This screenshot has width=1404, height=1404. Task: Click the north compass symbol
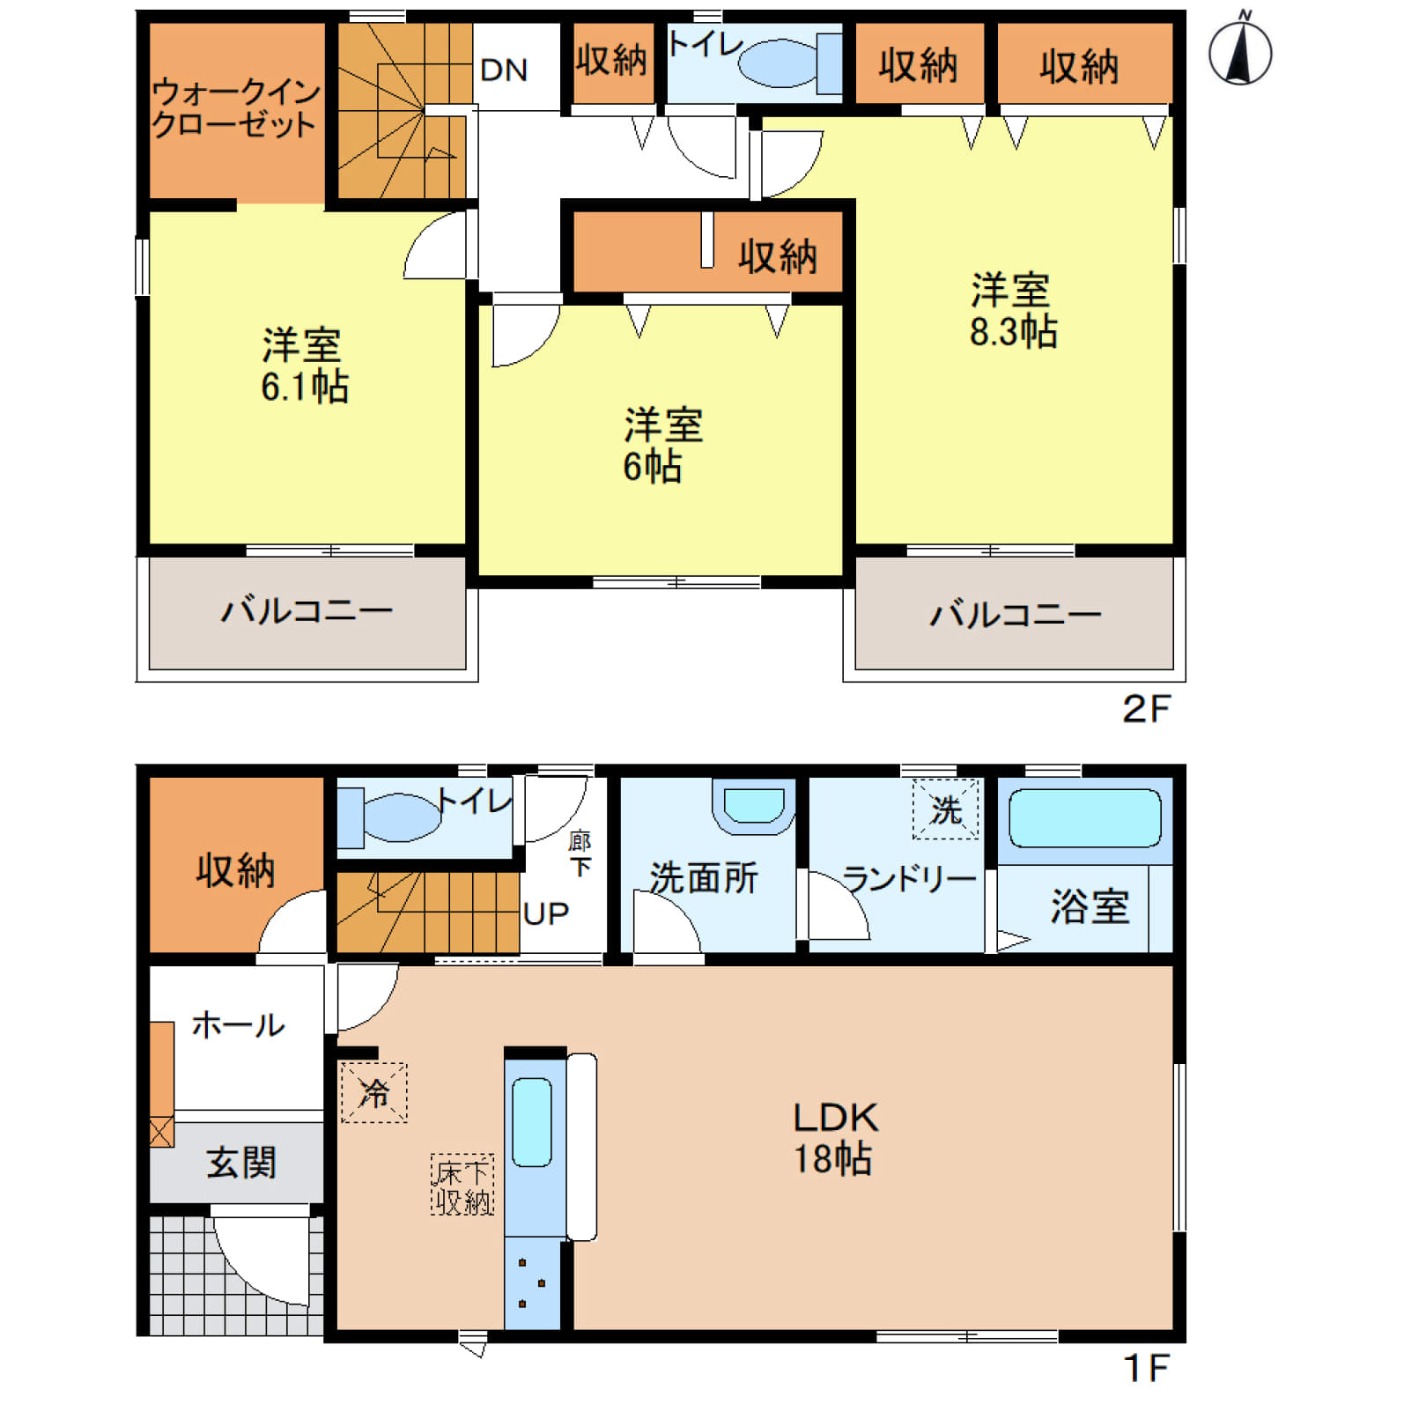coord(1240,50)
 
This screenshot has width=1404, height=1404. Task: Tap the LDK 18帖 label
coord(835,1138)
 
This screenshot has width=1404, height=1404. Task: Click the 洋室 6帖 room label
coord(662,446)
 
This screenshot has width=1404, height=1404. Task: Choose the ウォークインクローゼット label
coord(235,108)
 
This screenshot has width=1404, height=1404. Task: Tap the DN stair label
coord(504,70)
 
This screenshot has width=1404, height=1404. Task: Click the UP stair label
coord(546,913)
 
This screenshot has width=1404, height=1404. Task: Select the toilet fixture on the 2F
coord(790,63)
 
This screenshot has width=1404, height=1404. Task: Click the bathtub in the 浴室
coord(1085,818)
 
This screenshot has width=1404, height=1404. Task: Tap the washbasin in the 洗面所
coord(754,807)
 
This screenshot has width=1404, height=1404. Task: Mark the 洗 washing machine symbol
coord(946,809)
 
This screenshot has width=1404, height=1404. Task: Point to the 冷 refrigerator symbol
coord(374,1093)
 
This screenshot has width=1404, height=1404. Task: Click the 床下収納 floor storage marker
coord(462,1186)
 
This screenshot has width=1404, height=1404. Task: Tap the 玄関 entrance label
coord(241,1163)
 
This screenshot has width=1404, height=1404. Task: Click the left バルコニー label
coord(307,610)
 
